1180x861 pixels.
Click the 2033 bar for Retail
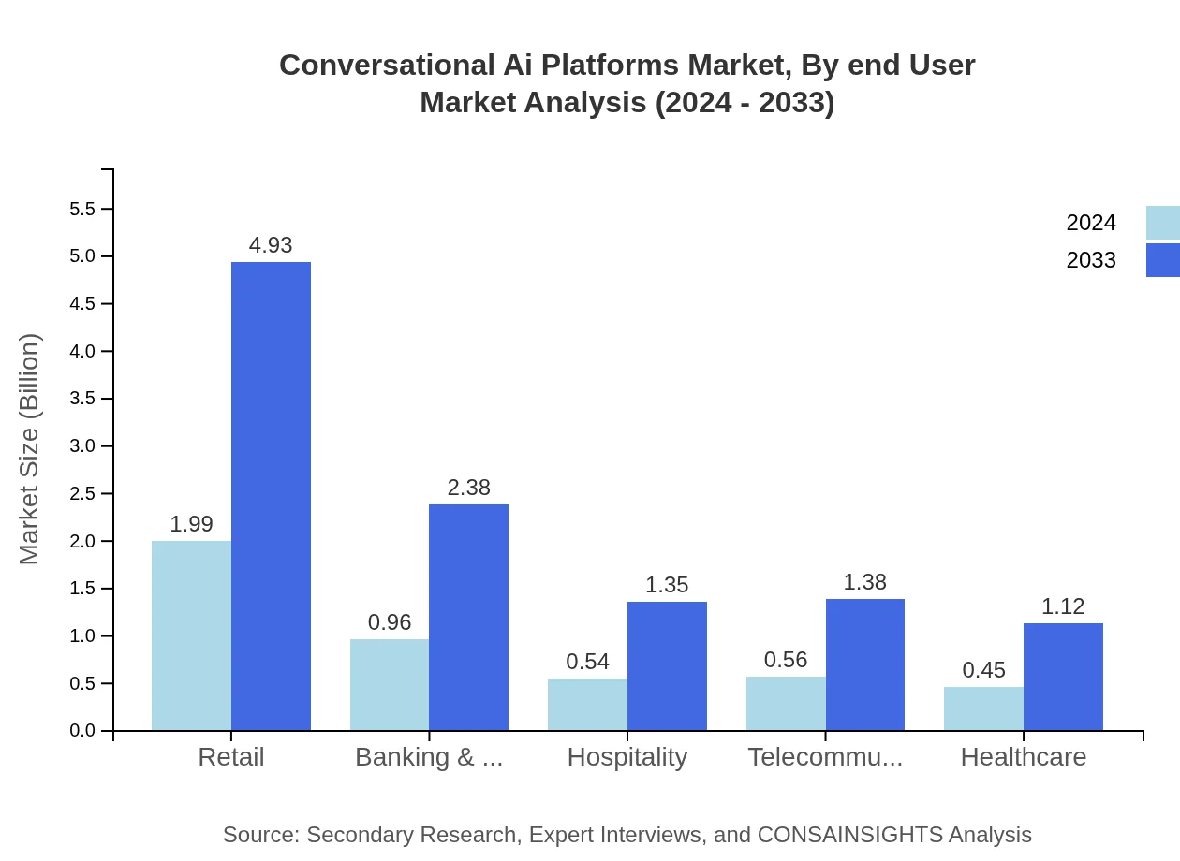pos(271,496)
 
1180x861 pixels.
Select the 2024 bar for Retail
pos(191,635)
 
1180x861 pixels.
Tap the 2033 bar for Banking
pos(468,618)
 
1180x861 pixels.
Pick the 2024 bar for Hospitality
pos(587,705)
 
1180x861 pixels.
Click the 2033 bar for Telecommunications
pos(865,664)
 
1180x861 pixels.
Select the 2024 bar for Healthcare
pos(983,708)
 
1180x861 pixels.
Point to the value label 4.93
pos(271,245)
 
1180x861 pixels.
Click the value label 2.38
pos(468,488)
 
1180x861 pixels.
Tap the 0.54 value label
pos(587,662)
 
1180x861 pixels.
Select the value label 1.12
pos(1063,606)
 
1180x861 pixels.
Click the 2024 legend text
pos(1091,223)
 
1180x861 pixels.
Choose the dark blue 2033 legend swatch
pos(1162,260)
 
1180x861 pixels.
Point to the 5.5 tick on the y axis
pos(82,209)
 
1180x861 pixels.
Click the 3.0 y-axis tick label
pos(82,446)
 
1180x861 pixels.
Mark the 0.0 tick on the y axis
pos(82,731)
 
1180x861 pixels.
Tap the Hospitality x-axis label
pos(627,757)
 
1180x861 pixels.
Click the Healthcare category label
pos(1024,757)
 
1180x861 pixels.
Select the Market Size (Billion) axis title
pos(30,448)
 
